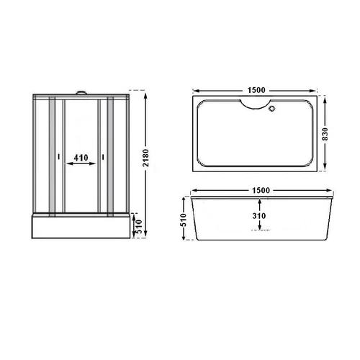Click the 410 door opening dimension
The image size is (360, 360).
pyautogui.click(x=81, y=158)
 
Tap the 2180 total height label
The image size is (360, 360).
pyautogui.click(x=145, y=158)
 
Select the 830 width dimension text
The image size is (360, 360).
pyautogui.click(x=325, y=135)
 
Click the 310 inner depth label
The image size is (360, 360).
pyautogui.click(x=259, y=216)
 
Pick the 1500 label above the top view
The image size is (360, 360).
pyautogui.click(x=256, y=90)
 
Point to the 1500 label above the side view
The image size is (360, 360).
pyautogui.click(x=261, y=190)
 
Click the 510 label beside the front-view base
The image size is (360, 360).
pyautogui.click(x=139, y=227)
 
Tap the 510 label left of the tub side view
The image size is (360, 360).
pyautogui.click(x=183, y=220)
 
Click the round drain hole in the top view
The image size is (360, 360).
pyautogui.click(x=271, y=109)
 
